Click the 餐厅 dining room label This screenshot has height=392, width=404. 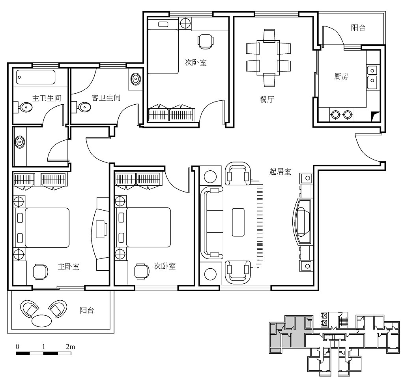(x=267, y=99)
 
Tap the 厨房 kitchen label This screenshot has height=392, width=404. (x=341, y=76)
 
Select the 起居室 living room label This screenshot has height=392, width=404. (x=281, y=171)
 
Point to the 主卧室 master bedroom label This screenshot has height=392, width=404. (x=69, y=266)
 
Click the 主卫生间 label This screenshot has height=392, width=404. (x=47, y=98)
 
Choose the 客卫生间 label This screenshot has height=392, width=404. (x=106, y=98)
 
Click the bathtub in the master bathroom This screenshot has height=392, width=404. (x=36, y=77)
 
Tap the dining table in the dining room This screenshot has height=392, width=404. (x=268, y=58)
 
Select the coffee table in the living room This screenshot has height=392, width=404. (x=238, y=222)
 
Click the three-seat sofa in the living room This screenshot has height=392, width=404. (x=213, y=223)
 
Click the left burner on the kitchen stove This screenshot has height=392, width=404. (x=335, y=114)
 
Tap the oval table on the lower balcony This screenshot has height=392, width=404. (x=41, y=321)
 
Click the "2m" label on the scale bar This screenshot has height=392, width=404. (x=70, y=347)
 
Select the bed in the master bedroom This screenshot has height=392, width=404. (x=43, y=228)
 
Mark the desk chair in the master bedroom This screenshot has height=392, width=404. (x=40, y=272)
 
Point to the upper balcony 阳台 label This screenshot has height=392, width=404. (x=358, y=28)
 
